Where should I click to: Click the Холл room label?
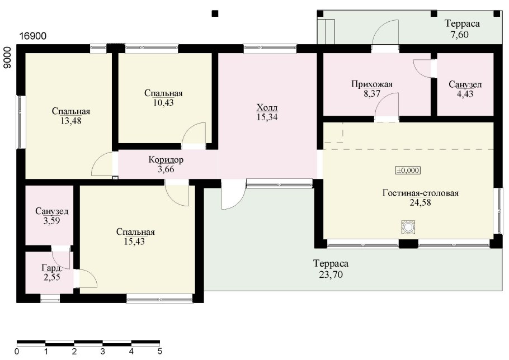point(267,107)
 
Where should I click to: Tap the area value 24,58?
point(421,202)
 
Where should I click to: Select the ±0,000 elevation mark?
point(408,170)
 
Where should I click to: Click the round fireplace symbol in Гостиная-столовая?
point(408,227)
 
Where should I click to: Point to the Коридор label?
point(166,159)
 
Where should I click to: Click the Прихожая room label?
point(372,84)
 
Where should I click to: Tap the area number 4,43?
point(465,94)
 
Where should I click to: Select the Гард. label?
point(52,268)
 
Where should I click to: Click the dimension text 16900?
point(33,36)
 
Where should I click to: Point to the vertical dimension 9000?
point(7,58)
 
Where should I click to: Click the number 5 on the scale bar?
point(160,351)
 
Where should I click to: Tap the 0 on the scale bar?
point(17,351)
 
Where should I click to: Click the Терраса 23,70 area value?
point(331,275)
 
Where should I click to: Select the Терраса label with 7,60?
point(462,23)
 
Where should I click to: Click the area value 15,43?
point(134,241)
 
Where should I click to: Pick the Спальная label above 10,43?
point(163,93)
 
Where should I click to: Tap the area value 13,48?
point(71,121)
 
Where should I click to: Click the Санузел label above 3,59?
point(52,211)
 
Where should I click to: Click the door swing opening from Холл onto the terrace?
point(233,195)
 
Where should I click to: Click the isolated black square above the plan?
point(215,13)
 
